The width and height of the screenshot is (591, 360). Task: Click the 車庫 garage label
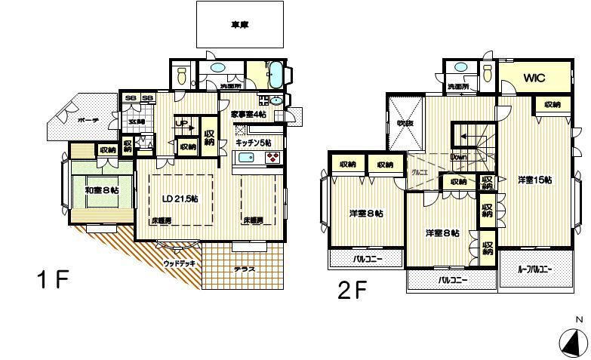240,25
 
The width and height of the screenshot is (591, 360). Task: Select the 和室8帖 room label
100,190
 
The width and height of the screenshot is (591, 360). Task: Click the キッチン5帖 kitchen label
254,143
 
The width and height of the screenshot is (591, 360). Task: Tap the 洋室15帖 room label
534,180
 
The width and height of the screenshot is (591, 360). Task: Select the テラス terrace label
243,269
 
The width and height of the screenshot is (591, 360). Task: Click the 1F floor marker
53,281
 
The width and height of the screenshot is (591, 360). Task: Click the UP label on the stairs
181,122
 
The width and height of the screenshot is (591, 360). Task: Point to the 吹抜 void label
400,122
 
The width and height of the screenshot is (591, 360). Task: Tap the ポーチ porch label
66,120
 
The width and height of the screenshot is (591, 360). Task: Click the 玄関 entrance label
137,122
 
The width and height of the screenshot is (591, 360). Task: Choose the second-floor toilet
487,74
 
